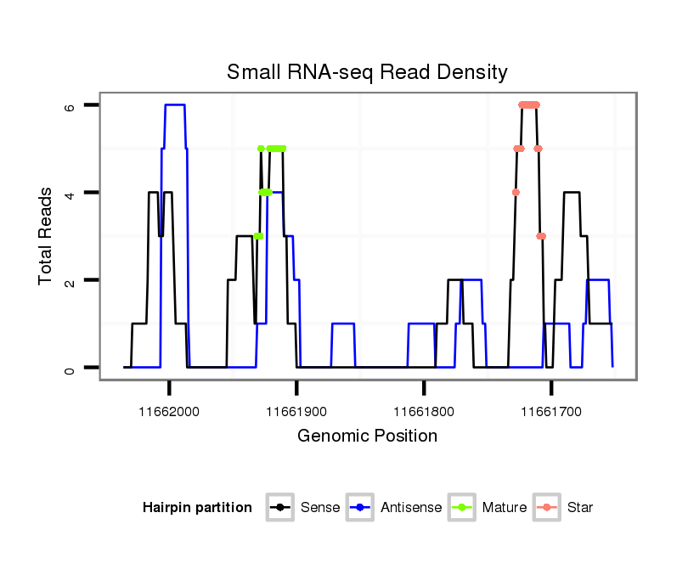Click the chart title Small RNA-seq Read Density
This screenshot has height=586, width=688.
click(367, 72)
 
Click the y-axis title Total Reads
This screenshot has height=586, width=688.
click(47, 236)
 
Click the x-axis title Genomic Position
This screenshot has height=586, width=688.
click(367, 437)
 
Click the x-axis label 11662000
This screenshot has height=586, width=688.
click(169, 412)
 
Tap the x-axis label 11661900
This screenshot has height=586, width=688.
click(296, 412)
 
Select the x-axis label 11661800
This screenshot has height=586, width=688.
click(424, 412)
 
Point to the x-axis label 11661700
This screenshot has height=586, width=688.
click(551, 412)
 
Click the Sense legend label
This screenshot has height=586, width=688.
click(320, 508)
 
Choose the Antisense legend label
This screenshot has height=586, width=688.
click(411, 508)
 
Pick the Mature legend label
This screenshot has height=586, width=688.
click(505, 508)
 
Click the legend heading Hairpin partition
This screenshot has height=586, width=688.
click(197, 508)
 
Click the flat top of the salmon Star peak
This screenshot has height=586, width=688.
click(529, 104)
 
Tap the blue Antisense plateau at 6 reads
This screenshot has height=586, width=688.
click(175, 104)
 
